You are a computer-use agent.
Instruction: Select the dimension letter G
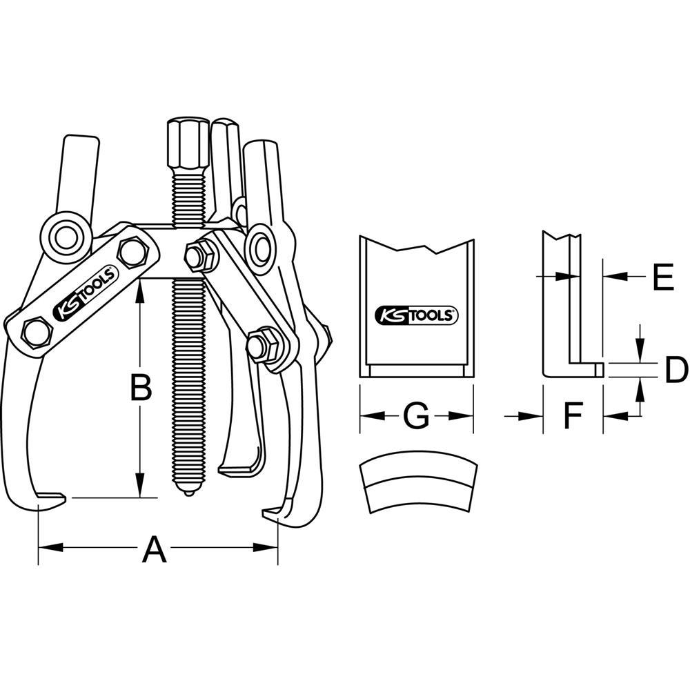[x=416, y=415]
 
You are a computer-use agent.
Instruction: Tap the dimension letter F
[x=573, y=415]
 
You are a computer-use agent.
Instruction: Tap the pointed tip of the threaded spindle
[x=186, y=492]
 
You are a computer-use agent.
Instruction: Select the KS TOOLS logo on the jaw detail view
[x=416, y=315]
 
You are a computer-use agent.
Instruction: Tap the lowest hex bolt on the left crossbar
[x=36, y=333]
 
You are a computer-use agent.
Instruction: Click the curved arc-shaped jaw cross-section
[x=417, y=482]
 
